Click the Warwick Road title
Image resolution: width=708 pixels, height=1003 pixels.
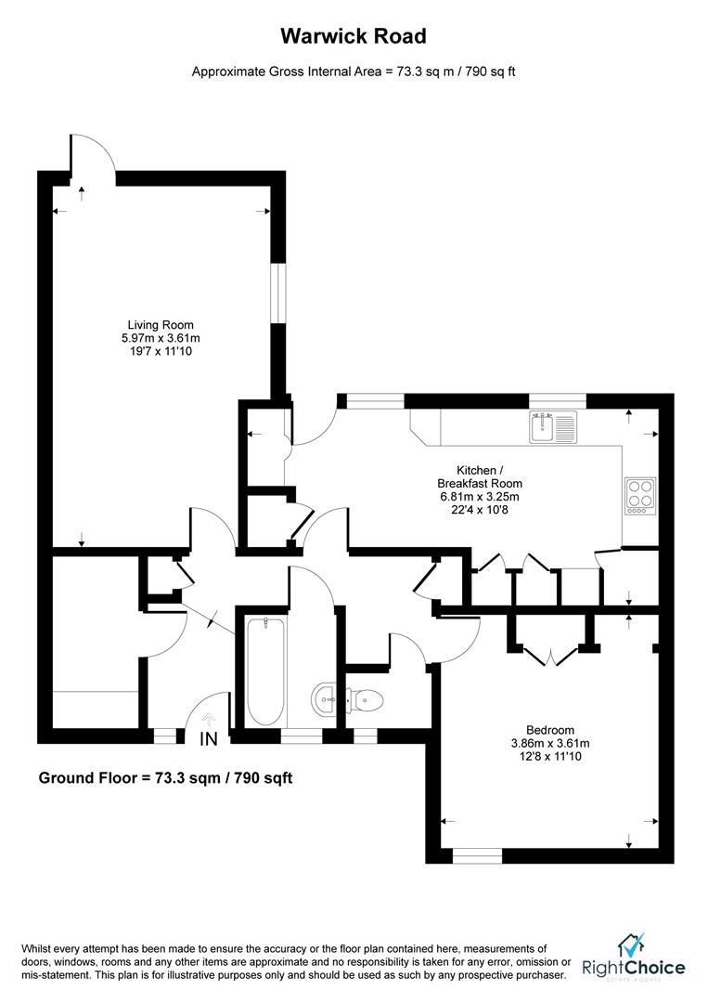[x=354, y=37]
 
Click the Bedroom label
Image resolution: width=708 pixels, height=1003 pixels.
[x=550, y=730]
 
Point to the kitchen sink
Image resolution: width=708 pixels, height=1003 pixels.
[x=553, y=427]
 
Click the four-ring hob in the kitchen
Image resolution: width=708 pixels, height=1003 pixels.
[x=640, y=495]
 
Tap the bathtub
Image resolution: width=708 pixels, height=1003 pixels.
[x=265, y=671]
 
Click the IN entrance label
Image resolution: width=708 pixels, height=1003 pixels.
[x=209, y=739]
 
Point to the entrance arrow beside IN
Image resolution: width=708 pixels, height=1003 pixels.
[x=209, y=718]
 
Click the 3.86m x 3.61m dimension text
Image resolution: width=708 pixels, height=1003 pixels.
[x=550, y=743]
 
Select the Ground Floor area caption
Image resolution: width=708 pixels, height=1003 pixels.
[x=165, y=777]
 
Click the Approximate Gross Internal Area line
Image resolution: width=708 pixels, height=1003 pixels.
[x=354, y=72]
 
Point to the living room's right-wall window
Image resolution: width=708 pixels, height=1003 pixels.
[x=277, y=293]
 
